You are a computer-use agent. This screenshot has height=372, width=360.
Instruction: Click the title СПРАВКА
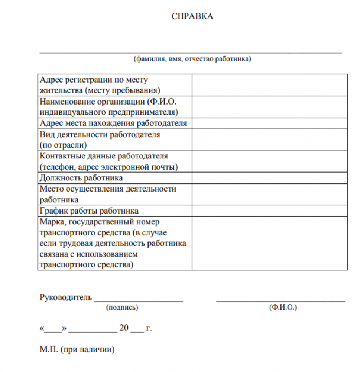click(192, 16)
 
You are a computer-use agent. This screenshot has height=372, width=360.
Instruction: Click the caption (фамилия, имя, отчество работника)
click(192, 59)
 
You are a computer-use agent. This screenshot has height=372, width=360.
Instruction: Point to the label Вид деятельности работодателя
click(100, 134)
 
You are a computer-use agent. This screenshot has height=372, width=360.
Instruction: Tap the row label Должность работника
click(81, 178)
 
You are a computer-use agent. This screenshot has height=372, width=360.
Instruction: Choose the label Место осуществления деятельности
click(108, 189)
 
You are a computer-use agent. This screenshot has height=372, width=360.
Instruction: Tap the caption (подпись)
click(122, 308)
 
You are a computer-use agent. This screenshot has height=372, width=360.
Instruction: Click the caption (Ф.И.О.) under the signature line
click(282, 308)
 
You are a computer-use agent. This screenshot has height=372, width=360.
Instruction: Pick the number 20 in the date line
click(124, 328)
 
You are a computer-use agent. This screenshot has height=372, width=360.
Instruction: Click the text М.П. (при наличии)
click(77, 349)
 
